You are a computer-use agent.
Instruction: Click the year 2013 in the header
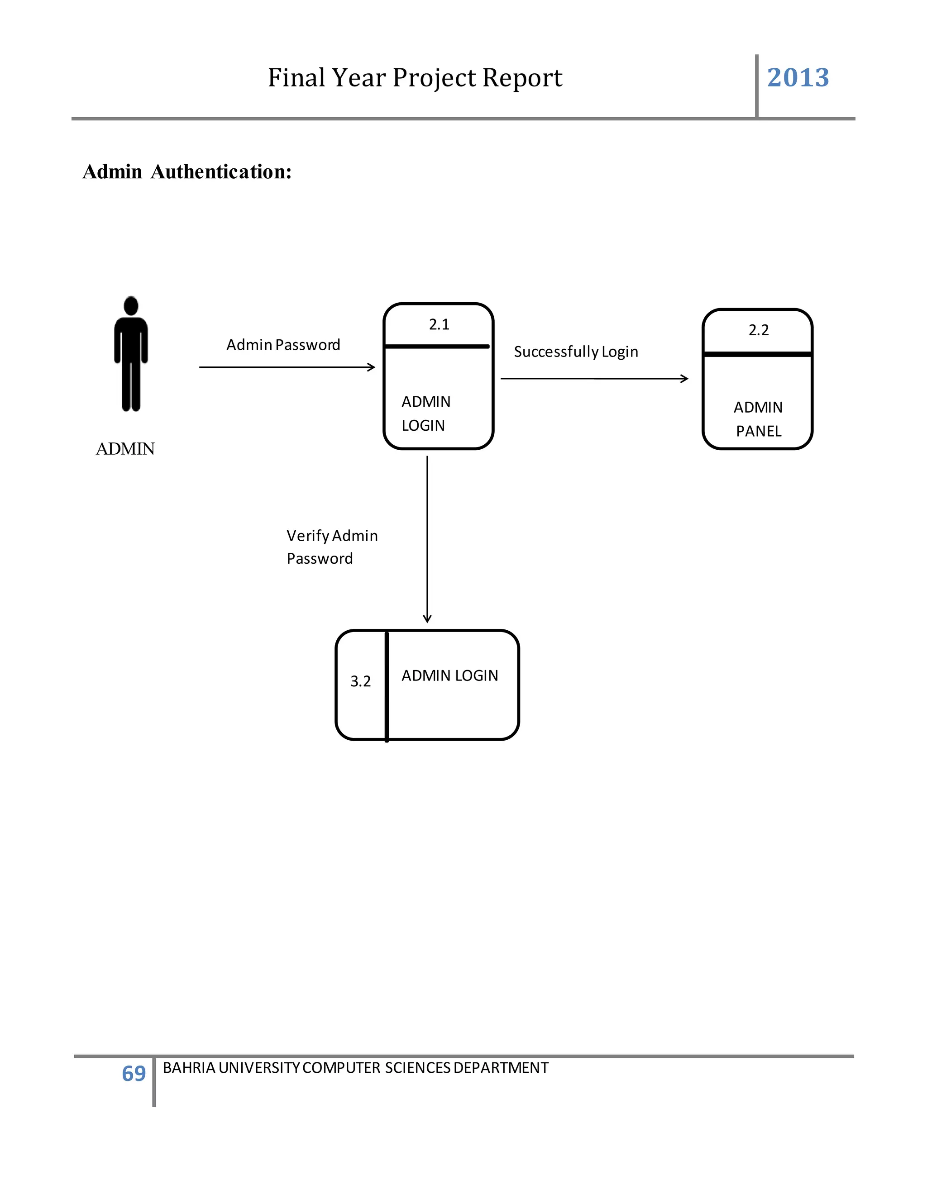click(798, 77)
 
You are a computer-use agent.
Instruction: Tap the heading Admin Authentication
click(187, 172)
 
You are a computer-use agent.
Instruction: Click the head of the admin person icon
click(131, 306)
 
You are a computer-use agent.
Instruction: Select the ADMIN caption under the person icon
click(125, 449)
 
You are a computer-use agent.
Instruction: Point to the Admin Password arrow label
click(283, 345)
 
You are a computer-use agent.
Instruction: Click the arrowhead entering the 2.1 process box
click(373, 367)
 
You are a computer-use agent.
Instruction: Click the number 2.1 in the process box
click(439, 324)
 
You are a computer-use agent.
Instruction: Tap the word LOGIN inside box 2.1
click(423, 425)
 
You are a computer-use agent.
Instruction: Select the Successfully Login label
click(576, 352)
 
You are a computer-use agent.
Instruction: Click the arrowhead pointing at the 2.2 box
click(685, 379)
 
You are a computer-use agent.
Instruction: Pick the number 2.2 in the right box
click(759, 330)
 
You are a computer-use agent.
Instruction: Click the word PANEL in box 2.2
click(759, 432)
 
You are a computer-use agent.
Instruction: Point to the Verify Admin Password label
click(332, 547)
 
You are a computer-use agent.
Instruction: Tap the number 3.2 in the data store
click(360, 681)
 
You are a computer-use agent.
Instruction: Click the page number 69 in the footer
click(134, 1073)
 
